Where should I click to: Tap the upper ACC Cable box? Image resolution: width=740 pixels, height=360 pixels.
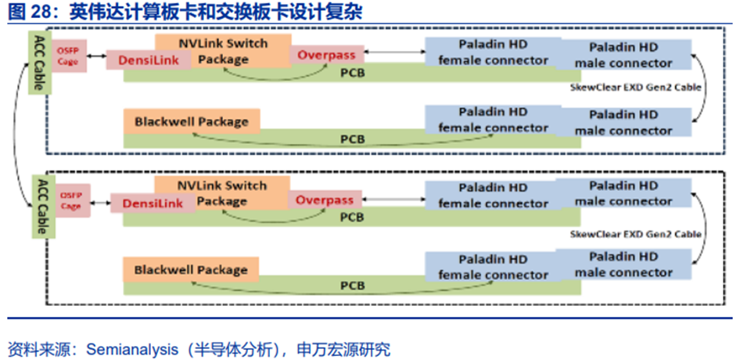(38, 63)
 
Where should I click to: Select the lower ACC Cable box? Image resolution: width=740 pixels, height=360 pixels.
(38, 207)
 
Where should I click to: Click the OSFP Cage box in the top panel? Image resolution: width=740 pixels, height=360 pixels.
(68, 56)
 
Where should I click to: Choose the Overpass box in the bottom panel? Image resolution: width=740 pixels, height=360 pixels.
(325, 200)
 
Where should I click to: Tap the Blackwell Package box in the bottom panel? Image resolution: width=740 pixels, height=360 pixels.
(191, 270)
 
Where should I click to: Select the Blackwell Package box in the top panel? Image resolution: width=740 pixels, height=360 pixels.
(191, 121)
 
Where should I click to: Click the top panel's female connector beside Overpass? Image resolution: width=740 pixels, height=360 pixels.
(493, 52)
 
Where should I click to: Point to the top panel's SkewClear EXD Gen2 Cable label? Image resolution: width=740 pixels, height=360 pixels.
(635, 88)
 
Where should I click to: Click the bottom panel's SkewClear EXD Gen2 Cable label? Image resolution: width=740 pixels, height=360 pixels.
(635, 234)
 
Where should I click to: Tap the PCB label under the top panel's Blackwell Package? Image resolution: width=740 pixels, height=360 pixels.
(352, 139)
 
